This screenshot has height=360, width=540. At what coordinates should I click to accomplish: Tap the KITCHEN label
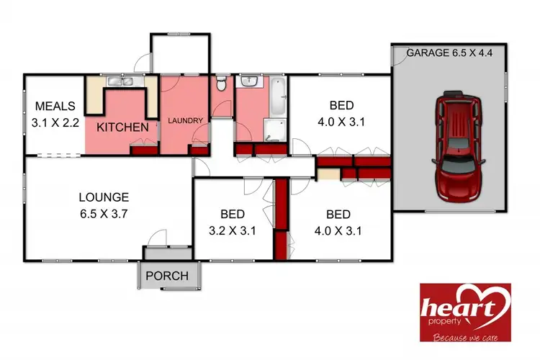[x=122, y=127]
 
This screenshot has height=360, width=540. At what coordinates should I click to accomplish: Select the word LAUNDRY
[x=186, y=120]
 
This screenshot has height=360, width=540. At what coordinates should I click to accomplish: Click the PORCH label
[x=167, y=276]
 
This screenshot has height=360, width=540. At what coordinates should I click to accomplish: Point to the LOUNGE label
[x=104, y=197]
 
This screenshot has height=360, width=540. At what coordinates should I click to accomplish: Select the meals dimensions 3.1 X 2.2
[x=55, y=123]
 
